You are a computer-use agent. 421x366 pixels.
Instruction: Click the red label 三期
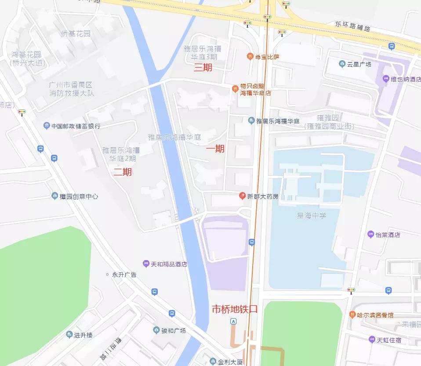[203, 68]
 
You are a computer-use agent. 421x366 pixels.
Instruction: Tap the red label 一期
[215, 149]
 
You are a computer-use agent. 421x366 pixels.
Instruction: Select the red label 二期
[123, 172]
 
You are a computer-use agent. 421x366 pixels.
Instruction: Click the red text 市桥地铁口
[235, 309]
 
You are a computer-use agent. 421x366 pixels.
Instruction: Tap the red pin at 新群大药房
[242, 196]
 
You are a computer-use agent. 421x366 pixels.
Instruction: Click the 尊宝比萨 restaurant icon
[250, 57]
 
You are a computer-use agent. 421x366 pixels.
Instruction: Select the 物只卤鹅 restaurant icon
[235, 89]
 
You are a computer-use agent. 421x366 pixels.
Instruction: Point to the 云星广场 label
[359, 64]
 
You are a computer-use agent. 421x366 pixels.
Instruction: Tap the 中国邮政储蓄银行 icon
[47, 126]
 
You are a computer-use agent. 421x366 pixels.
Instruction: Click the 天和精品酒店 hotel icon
[146, 264]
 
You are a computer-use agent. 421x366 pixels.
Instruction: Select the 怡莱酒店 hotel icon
[370, 235]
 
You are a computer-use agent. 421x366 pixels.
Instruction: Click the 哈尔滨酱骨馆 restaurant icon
[352, 315]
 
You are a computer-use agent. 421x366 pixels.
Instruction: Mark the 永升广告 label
[124, 275]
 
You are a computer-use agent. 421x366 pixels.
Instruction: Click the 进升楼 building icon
[69, 335]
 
